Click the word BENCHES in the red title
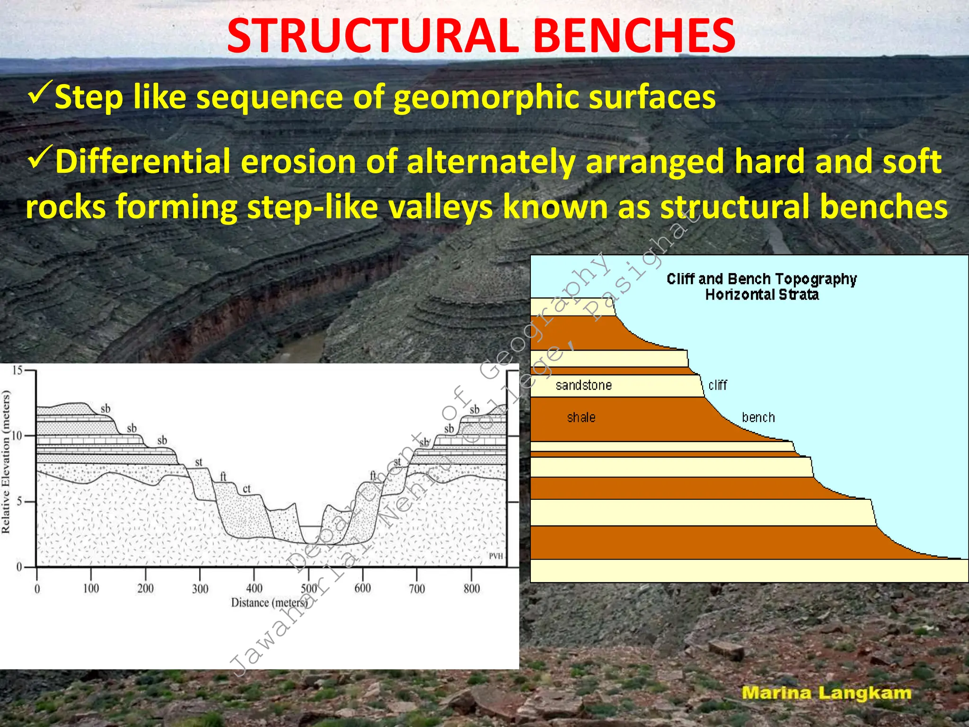[x=636, y=36]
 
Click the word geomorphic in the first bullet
[x=486, y=98]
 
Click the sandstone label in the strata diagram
[x=583, y=385]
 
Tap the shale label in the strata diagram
[x=581, y=417]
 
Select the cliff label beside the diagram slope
[x=717, y=385]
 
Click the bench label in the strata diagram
[x=758, y=417]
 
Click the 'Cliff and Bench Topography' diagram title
[x=761, y=279]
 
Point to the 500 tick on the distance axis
[x=309, y=588]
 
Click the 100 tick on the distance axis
[x=91, y=588]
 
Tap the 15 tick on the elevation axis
[x=18, y=371]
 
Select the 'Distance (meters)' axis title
[x=269, y=603]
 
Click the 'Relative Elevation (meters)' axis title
[x=6, y=461]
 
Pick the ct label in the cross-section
[x=247, y=488]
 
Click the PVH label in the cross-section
[x=495, y=556]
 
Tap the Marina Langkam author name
[x=826, y=693]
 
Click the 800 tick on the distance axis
[x=471, y=588]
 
